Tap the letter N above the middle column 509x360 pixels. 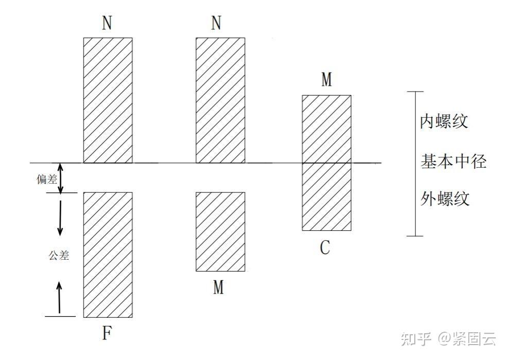[x=217, y=24]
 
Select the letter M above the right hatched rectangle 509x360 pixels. [x=326, y=80]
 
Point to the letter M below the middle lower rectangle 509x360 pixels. [x=219, y=287]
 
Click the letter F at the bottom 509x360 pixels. [x=107, y=334]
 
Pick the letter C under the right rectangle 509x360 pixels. [x=325, y=248]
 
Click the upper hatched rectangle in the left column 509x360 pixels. [x=108, y=100]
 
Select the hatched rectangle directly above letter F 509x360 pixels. [x=108, y=255]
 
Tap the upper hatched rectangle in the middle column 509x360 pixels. [x=220, y=100]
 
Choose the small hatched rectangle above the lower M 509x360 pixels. [x=220, y=231]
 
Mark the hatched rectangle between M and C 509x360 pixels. [x=326, y=163]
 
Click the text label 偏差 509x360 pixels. [x=46, y=179]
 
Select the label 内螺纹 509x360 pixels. [x=444, y=122]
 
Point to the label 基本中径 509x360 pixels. [x=453, y=162]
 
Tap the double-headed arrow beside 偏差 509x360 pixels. [x=61, y=178]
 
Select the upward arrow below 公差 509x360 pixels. [x=60, y=297]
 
